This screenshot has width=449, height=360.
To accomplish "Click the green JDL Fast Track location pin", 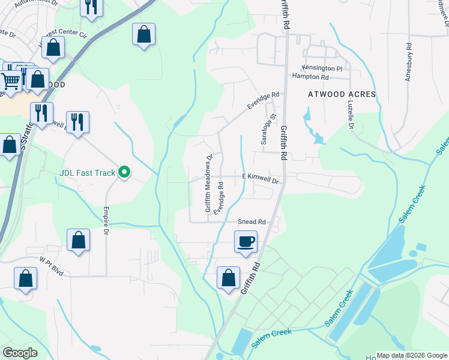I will (124, 173).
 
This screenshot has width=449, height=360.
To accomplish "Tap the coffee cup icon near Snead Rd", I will (246, 242).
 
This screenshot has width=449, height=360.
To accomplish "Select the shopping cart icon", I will (10, 80).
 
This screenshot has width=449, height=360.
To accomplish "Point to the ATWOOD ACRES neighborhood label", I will (342, 94).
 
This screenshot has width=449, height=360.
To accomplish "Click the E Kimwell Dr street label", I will (261, 179).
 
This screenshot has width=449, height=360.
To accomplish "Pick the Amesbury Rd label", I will (408, 62).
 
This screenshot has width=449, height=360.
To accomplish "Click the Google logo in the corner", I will (20, 353).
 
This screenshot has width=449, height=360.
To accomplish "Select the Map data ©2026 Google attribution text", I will (412, 355).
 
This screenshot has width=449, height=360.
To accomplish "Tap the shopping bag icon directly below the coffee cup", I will (228, 278).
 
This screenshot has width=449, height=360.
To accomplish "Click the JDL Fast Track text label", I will (87, 173).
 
